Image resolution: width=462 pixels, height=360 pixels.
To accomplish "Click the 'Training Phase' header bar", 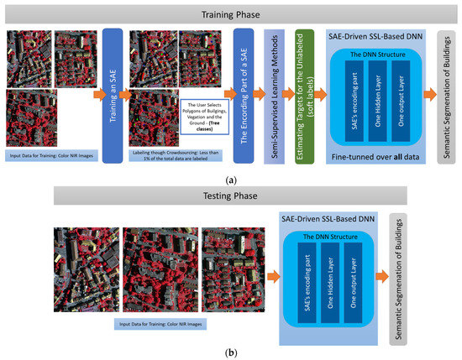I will point(231,13).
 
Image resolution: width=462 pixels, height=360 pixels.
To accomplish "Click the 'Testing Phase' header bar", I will point(231,195).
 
